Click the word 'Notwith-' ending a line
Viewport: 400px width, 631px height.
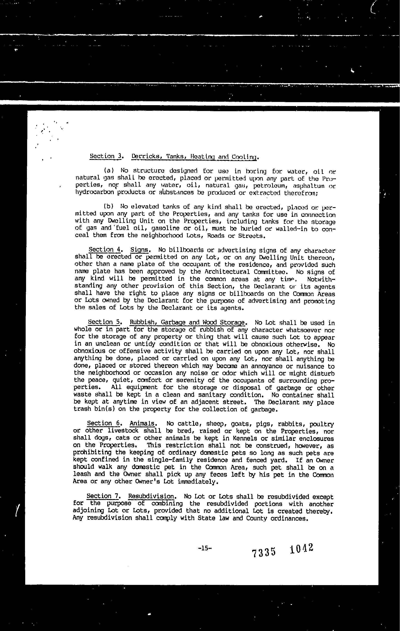pyautogui.click(x=321, y=279)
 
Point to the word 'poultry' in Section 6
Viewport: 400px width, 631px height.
pyautogui.click(x=322, y=424)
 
